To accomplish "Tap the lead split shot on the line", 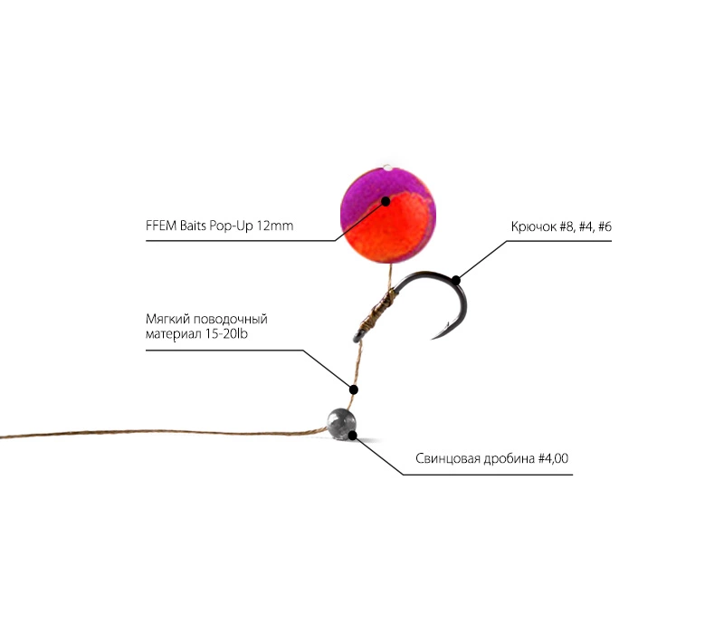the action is tap(341, 422).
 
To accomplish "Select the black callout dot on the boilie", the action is tap(386, 201).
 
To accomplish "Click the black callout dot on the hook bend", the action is tap(456, 280).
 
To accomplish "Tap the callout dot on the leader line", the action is tap(353, 389).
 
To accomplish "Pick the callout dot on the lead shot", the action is tap(352, 435).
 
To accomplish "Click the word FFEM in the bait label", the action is tap(161, 226).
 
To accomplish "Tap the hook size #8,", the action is tap(568, 227).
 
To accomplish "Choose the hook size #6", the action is tap(605, 227).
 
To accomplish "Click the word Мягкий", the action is tap(167, 320).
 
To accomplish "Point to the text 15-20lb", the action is tap(226, 334).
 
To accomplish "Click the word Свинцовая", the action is tap(447, 458).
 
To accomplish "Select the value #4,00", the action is tap(553, 458).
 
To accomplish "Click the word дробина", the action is tap(509, 459).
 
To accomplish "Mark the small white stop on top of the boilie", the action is tap(388, 168).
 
